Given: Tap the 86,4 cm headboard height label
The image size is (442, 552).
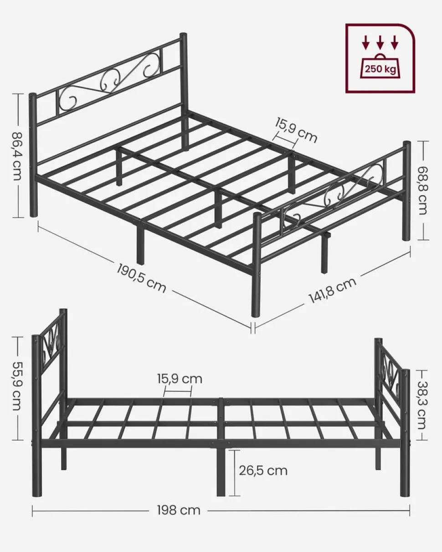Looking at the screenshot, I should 17,156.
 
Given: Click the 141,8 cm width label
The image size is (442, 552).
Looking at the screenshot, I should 332,290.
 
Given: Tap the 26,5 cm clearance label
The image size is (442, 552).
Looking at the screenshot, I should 263,470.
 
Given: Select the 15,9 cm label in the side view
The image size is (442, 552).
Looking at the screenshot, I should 180,379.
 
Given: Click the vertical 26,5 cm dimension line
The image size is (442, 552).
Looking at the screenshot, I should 234,472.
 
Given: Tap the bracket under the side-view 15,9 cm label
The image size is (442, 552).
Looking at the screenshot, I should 177,391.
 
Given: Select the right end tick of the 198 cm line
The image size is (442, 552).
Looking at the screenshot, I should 409,510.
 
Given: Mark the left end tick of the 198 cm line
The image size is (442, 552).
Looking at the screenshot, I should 32,510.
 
